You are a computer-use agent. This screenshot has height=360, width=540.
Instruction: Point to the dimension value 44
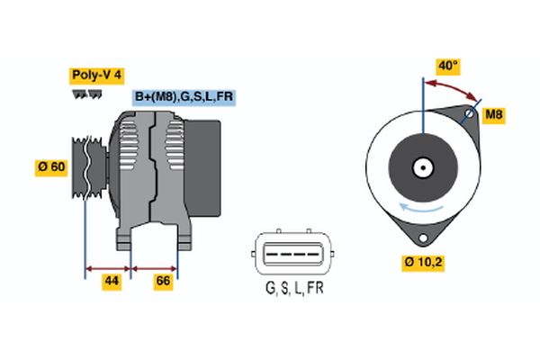point(112,282)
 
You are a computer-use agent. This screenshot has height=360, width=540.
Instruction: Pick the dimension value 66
point(163,282)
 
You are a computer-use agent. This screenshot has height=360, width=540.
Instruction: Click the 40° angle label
point(447,66)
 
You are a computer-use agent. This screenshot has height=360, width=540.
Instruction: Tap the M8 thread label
point(494,114)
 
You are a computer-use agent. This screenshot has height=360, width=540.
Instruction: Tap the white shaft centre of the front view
point(421,167)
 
